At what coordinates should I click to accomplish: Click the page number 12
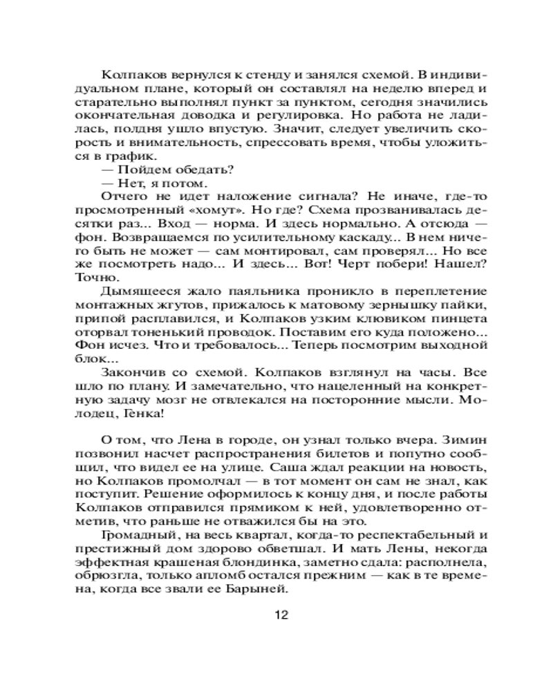coord(280,615)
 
